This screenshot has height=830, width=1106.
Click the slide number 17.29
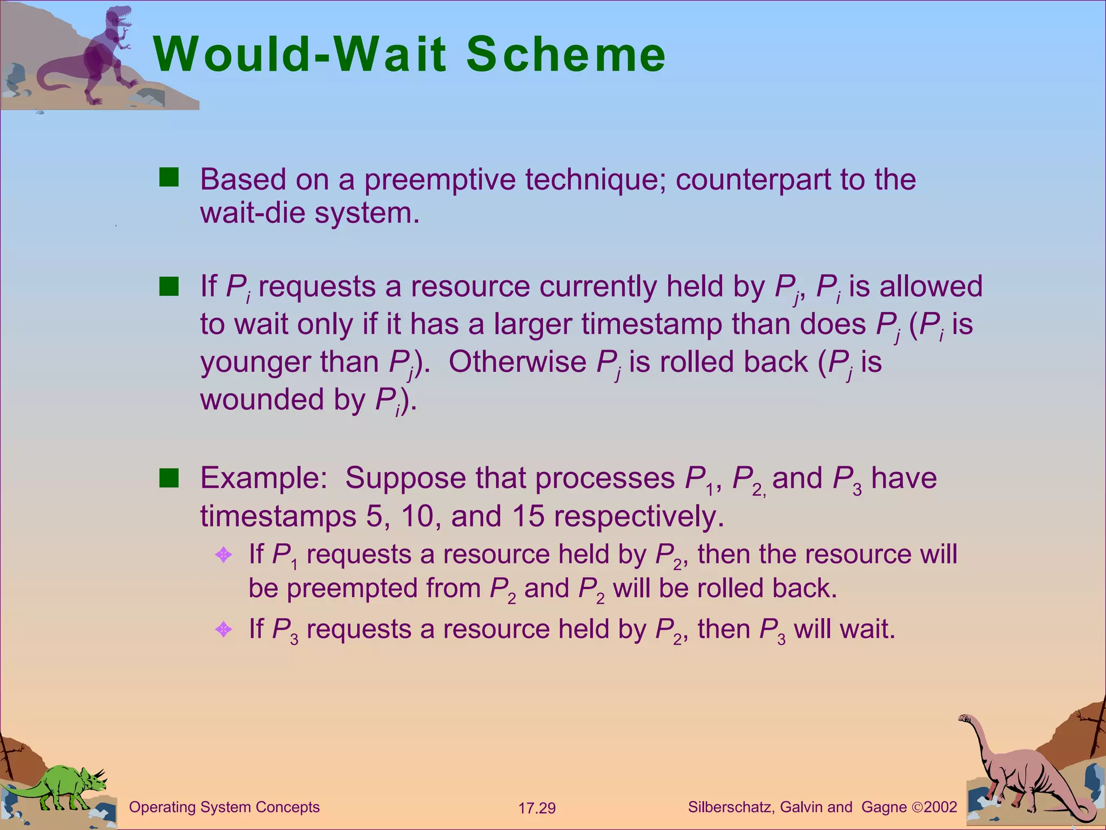click(537, 808)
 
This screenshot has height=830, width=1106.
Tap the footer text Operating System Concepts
click(224, 807)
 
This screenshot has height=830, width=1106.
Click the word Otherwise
click(517, 362)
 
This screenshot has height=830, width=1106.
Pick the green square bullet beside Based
click(168, 177)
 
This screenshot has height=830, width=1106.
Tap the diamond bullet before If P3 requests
click(224, 629)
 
